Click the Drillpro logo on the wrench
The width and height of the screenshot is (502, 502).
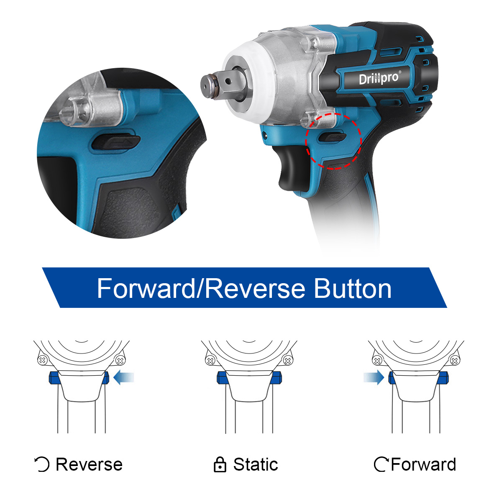[x=379, y=78]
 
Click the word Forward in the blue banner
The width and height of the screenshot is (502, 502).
[x=146, y=288]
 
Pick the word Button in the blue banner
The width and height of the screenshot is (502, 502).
[x=353, y=288]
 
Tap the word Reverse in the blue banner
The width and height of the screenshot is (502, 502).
[x=255, y=288]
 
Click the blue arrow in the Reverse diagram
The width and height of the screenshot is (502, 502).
[x=124, y=377]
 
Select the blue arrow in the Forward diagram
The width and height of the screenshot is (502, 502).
[x=374, y=377]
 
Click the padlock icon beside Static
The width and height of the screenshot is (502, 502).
[x=220, y=464]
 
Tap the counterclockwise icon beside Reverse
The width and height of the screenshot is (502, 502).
[x=42, y=464]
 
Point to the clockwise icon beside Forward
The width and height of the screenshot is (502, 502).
[x=381, y=464]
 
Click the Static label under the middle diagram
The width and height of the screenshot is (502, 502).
[x=256, y=464]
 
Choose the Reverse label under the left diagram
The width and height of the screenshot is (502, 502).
[x=89, y=464]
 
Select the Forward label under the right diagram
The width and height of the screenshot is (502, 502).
[x=423, y=464]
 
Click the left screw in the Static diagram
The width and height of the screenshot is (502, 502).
[x=210, y=361]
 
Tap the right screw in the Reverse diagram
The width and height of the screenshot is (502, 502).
[x=120, y=361]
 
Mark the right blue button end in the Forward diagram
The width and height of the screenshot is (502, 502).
[x=443, y=377]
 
